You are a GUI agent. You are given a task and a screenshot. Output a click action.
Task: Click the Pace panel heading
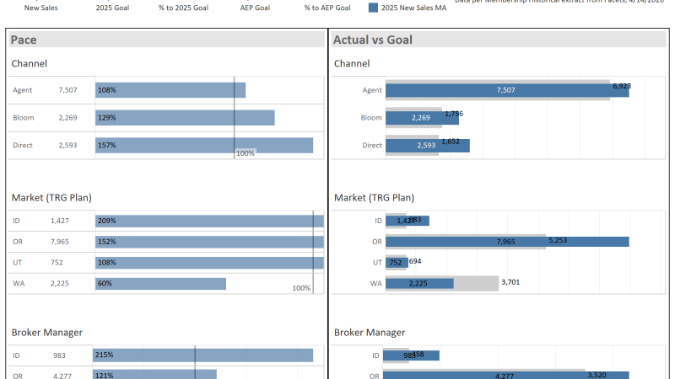point(24,40)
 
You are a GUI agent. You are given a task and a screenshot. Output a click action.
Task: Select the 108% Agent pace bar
point(170,90)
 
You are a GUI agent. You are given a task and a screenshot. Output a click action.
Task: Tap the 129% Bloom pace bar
point(185,118)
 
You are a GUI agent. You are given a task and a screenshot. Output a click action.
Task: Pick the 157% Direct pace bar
point(203,146)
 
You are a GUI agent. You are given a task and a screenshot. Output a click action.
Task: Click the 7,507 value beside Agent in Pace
point(68,90)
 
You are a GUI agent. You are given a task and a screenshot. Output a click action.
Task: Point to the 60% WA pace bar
point(160,284)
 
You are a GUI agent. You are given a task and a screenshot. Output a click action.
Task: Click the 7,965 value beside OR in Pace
point(68,242)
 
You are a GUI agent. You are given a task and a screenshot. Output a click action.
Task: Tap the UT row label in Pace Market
point(18,263)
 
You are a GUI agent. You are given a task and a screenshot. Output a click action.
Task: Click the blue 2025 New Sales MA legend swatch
point(374,8)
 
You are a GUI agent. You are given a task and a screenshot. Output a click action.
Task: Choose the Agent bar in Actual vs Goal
point(506,90)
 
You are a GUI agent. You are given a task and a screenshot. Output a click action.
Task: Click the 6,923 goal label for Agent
point(622,86)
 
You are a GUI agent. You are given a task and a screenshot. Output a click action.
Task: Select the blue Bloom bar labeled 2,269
point(421,118)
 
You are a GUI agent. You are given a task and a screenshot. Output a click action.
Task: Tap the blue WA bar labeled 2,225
point(419,284)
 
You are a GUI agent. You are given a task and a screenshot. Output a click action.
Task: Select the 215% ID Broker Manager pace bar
point(203,355)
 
